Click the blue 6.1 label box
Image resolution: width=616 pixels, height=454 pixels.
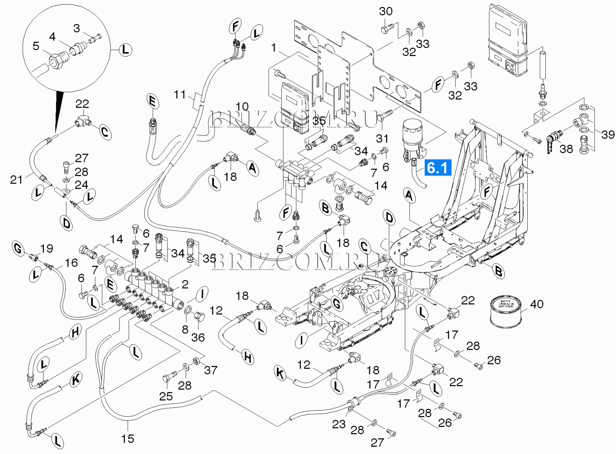pyautogui.click(x=437, y=168)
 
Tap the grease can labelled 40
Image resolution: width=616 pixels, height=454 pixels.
pyautogui.click(x=506, y=310)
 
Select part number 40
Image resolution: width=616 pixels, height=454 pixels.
pyautogui.click(x=536, y=304)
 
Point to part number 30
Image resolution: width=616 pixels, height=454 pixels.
pyautogui.click(x=386, y=11)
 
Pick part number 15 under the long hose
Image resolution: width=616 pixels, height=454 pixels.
pyautogui.click(x=128, y=439)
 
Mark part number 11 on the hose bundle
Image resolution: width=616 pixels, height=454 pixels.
pyautogui.click(x=180, y=94)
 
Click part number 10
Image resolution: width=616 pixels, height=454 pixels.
pyautogui.click(x=242, y=107)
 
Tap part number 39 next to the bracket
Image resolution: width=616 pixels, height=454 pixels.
pyautogui.click(x=608, y=135)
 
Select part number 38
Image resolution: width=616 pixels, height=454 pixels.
pyautogui.click(x=566, y=149)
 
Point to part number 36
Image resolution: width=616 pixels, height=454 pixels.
pyautogui.click(x=198, y=337)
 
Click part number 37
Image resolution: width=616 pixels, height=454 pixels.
pyautogui.click(x=211, y=370)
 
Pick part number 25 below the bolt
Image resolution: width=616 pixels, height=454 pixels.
pyautogui.click(x=166, y=396)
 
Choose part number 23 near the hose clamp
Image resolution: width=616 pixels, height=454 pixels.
pyautogui.click(x=339, y=424)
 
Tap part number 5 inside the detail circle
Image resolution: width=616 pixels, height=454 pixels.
pyautogui.click(x=36, y=46)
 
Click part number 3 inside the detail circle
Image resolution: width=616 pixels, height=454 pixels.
pyautogui.click(x=76, y=28)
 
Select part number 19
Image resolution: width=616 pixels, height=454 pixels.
pyautogui.click(x=47, y=249)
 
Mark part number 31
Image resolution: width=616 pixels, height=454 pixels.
pyautogui.click(x=382, y=138)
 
